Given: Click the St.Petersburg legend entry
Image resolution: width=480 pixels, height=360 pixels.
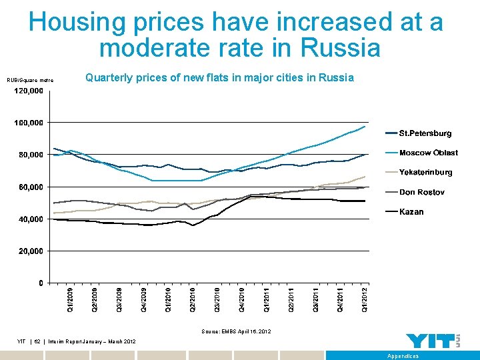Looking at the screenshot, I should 425,134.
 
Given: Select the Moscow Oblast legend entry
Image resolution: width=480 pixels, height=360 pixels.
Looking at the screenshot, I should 428,153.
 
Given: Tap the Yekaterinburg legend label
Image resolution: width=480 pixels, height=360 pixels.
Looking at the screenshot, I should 425,173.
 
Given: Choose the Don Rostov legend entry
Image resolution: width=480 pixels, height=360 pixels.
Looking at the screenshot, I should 421,193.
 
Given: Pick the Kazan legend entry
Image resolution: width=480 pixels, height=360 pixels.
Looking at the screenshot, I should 411,212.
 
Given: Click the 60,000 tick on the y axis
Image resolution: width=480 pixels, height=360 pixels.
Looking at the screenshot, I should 31,187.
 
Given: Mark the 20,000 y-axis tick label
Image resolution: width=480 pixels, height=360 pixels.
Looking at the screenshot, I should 31,251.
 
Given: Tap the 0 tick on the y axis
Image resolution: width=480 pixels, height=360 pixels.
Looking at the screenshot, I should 41,283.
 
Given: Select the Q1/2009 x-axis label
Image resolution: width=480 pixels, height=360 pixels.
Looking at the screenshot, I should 70,299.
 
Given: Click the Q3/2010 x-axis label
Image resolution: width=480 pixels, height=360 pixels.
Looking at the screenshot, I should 218,299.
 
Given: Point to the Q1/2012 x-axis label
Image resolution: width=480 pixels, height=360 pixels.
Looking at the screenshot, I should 365,299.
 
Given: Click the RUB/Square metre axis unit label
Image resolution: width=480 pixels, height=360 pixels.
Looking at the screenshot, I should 30,81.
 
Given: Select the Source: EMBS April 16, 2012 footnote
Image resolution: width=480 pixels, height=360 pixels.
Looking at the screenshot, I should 236,331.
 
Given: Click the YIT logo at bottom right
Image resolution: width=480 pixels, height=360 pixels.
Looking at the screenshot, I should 433,341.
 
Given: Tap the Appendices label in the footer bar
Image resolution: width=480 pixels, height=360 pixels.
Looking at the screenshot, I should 403,356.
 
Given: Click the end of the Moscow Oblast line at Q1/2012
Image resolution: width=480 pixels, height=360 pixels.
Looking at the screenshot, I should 365,127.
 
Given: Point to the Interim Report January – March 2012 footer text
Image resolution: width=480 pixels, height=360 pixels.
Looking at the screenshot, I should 97,342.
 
